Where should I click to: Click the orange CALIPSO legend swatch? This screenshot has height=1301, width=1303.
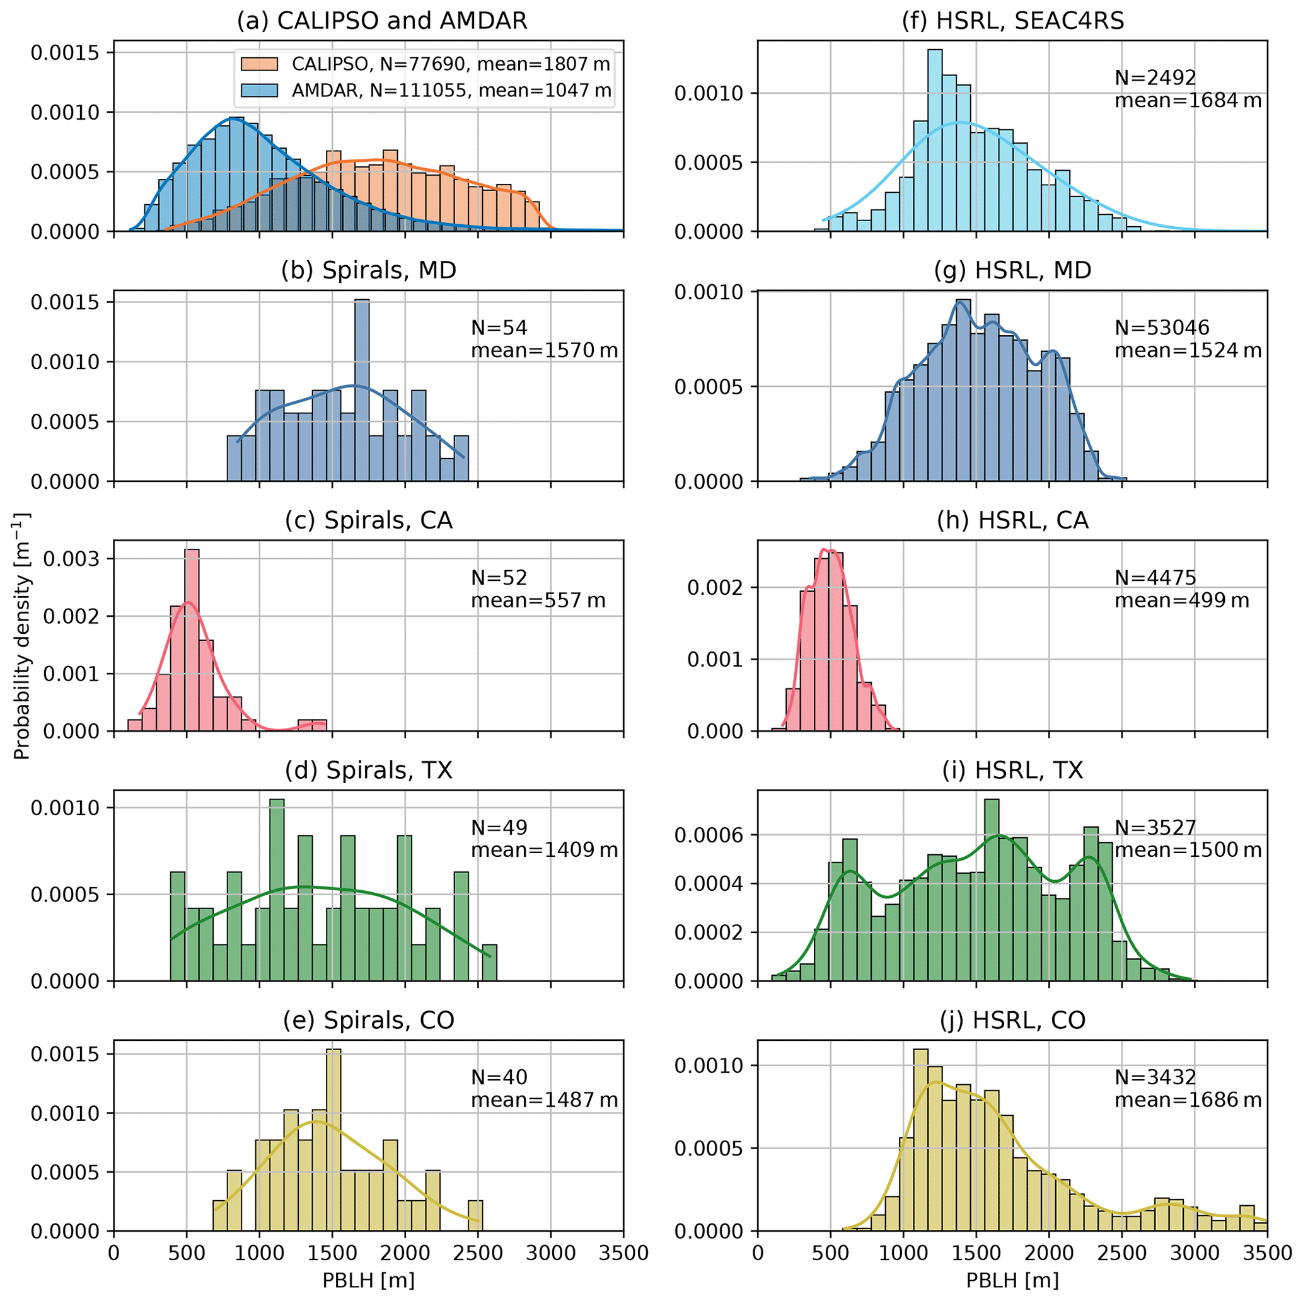click(259, 64)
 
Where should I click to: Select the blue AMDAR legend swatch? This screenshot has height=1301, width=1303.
click(259, 90)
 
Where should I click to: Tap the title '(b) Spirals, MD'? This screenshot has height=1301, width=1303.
click(368, 270)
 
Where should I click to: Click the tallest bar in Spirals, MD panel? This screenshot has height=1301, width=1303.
click(361, 391)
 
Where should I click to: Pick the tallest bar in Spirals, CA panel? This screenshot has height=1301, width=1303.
click(192, 640)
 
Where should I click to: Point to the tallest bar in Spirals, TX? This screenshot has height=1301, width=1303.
click(277, 890)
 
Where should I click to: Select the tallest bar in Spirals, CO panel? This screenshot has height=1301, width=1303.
click(333, 1140)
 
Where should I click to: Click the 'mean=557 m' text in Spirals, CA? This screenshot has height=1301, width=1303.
click(538, 600)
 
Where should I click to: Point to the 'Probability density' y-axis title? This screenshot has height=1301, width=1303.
click(21, 636)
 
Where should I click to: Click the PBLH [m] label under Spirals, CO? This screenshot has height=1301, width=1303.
click(368, 1280)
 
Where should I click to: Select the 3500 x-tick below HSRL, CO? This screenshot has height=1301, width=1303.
click(1266, 1252)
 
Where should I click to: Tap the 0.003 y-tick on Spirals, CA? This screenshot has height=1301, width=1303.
click(71, 559)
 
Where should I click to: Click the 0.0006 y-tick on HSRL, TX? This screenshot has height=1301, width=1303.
click(708, 836)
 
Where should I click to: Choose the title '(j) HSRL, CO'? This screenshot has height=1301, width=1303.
click(1012, 1020)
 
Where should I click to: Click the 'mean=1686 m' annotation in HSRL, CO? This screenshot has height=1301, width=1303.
click(1188, 1100)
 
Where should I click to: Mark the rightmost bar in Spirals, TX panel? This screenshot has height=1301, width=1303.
click(489, 963)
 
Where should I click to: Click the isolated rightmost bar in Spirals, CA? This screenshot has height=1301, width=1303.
click(311, 725)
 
